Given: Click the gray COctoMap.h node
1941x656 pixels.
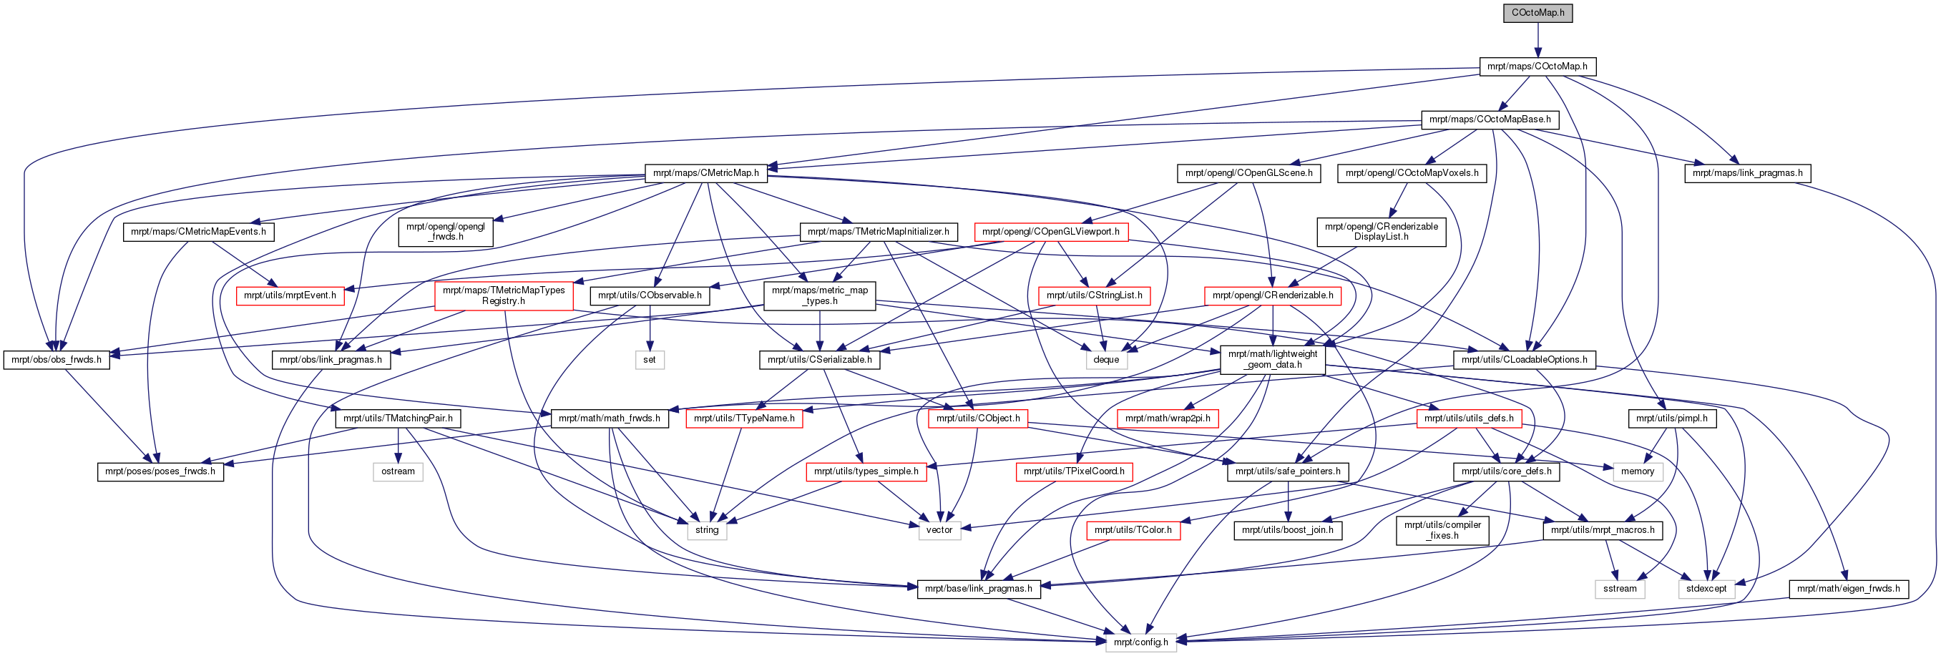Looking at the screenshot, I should click(1537, 13).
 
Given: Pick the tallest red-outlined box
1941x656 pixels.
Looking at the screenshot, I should click(504, 296).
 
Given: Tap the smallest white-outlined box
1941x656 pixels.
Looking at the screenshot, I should click(650, 360).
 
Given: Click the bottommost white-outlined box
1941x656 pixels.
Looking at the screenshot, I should click(1141, 642).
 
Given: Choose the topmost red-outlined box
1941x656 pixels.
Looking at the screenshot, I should click(1051, 232).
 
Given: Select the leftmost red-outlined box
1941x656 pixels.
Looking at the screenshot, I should click(290, 296).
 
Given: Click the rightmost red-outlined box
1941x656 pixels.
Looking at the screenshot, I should click(1469, 418).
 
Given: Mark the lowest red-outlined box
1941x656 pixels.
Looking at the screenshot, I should click(1133, 531).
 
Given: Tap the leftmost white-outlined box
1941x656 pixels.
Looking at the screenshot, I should click(398, 472).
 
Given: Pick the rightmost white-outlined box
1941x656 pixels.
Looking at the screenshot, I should click(1706, 589).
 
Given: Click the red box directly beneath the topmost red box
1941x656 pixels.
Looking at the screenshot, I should click(1094, 296).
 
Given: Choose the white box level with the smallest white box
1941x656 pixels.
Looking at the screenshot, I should click(1106, 360).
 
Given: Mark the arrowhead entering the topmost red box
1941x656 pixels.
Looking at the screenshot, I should click(1086, 222).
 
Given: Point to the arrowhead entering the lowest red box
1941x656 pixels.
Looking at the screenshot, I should click(1185, 519).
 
